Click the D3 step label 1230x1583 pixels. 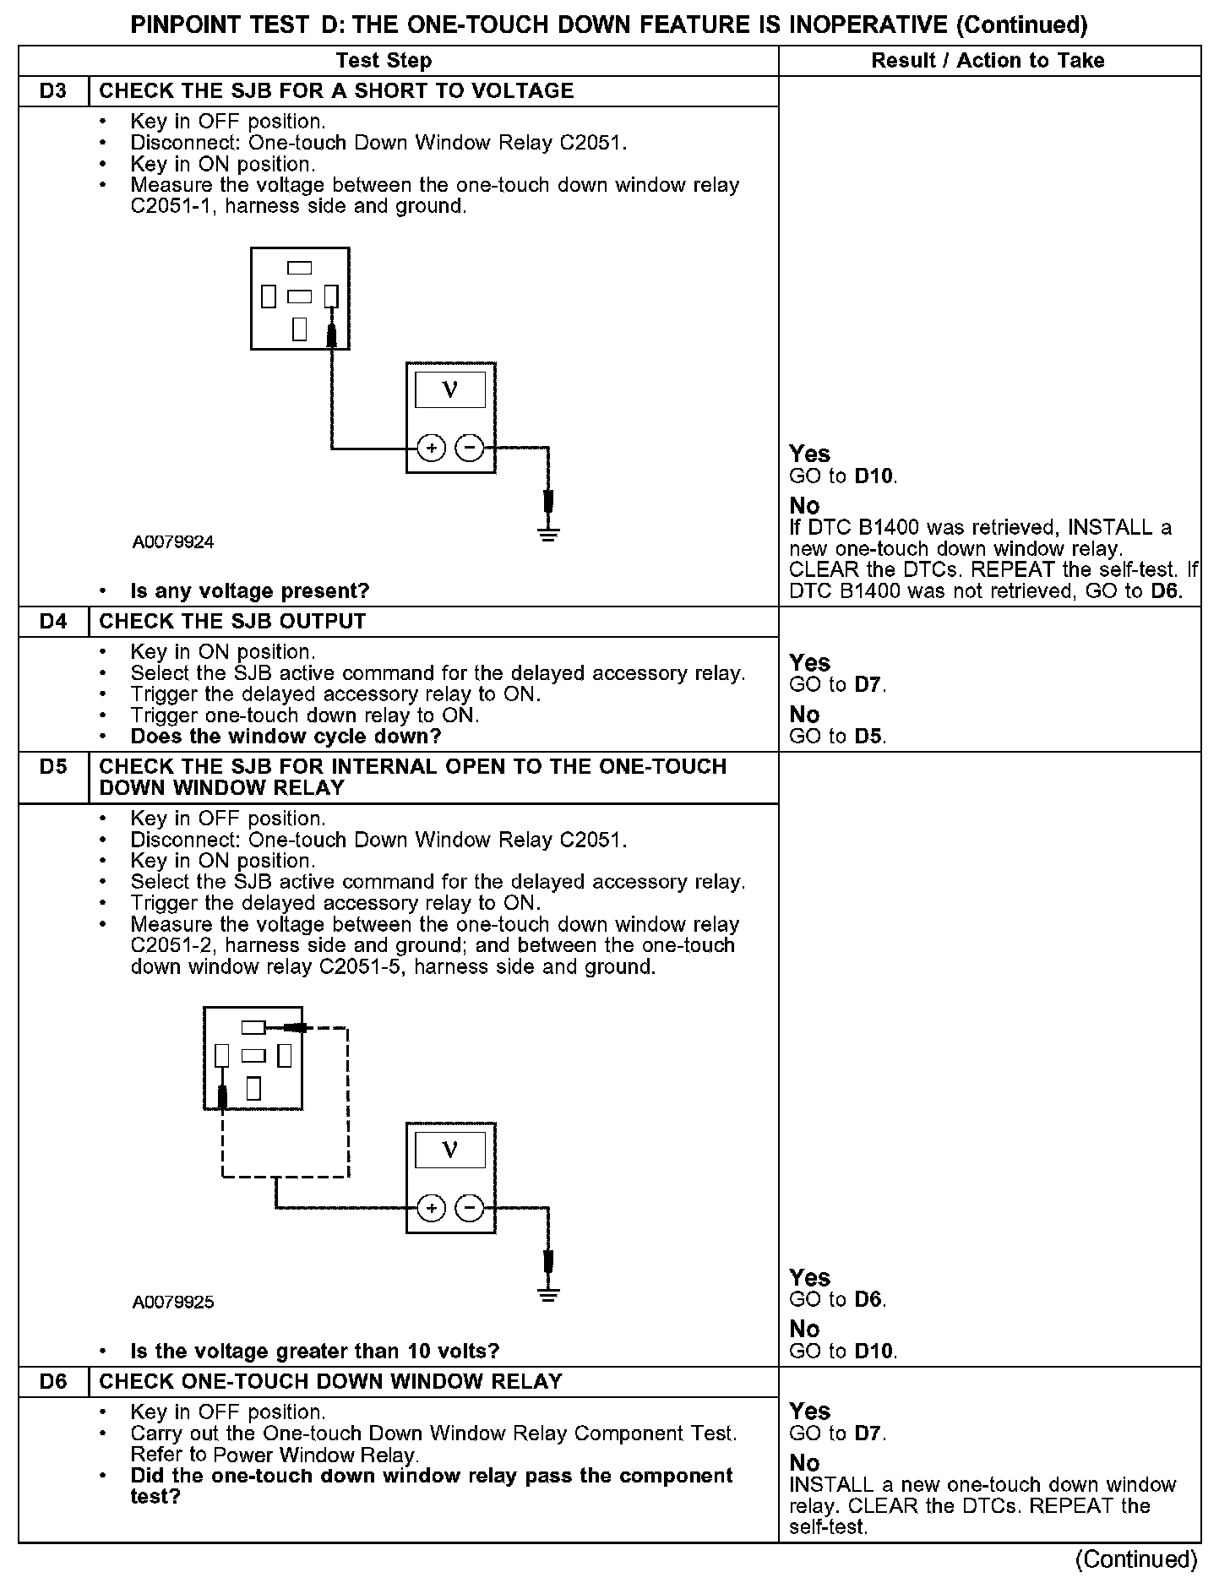[52, 91]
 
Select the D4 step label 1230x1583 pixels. [52, 622]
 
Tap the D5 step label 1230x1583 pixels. [52, 767]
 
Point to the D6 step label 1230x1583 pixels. [52, 1382]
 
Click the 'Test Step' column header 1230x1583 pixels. [384, 61]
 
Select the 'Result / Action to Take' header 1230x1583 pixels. [988, 61]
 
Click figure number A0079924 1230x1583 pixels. [173, 542]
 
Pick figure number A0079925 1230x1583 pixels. [173, 1303]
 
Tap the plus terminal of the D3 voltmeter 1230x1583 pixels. [431, 448]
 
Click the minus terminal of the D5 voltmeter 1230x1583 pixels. [470, 1209]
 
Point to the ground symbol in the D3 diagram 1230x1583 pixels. [549, 532]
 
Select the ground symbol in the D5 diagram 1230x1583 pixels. [549, 1293]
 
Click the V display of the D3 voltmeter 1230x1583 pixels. [450, 390]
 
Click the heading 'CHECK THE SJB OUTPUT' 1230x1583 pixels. [232, 622]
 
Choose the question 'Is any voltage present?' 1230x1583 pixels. [250, 591]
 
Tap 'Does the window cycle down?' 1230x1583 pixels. [286, 737]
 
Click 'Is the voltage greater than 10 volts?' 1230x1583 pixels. [315, 1352]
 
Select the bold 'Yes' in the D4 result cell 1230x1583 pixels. [809, 663]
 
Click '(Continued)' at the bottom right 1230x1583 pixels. [1137, 1559]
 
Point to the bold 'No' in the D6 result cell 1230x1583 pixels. [804, 1463]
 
